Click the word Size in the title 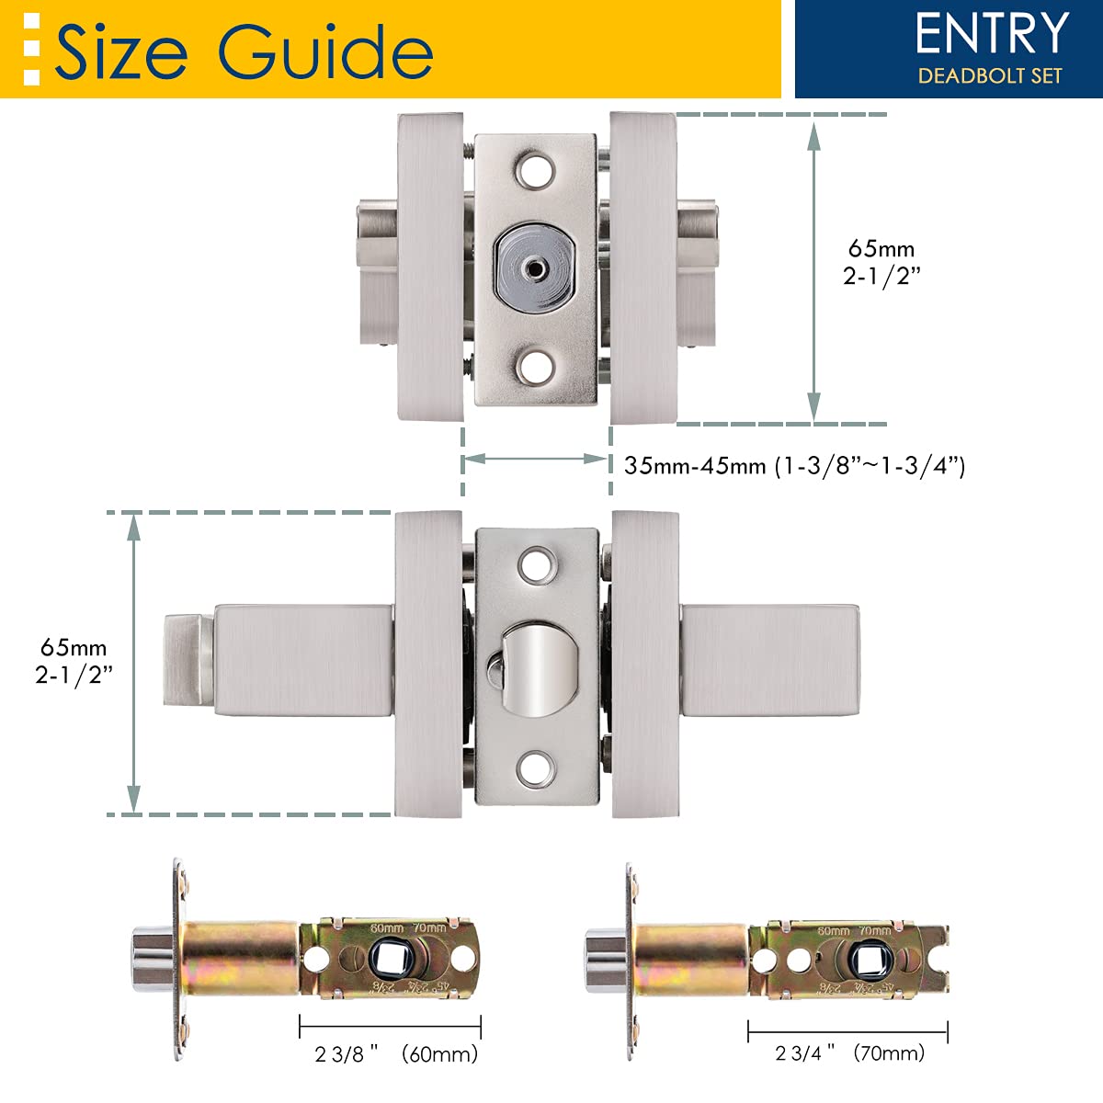tap(121, 51)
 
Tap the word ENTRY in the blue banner tap(992, 35)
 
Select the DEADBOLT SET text tap(990, 76)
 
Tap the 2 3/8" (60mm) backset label tap(396, 1053)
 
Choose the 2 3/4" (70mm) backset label tap(849, 1052)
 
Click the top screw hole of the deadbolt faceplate tap(536, 171)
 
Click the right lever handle tap(770, 662)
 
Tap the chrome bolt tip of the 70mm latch tap(602, 961)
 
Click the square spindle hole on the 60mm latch tap(388, 961)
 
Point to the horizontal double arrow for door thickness tap(536, 459)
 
